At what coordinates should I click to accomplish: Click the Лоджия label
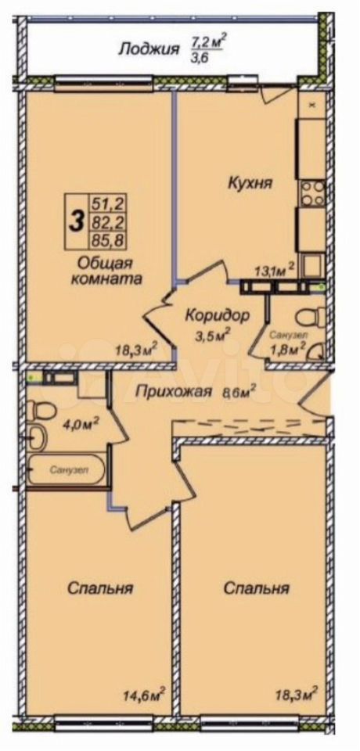pos(149,49)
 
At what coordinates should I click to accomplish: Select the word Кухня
pos(250,183)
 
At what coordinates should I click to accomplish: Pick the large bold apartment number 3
pos(75,223)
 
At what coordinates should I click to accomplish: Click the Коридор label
pos(217,315)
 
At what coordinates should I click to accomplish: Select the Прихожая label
pos(173,392)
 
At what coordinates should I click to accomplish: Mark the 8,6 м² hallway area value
pos(238,392)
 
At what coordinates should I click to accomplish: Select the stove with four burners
pos(312,193)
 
